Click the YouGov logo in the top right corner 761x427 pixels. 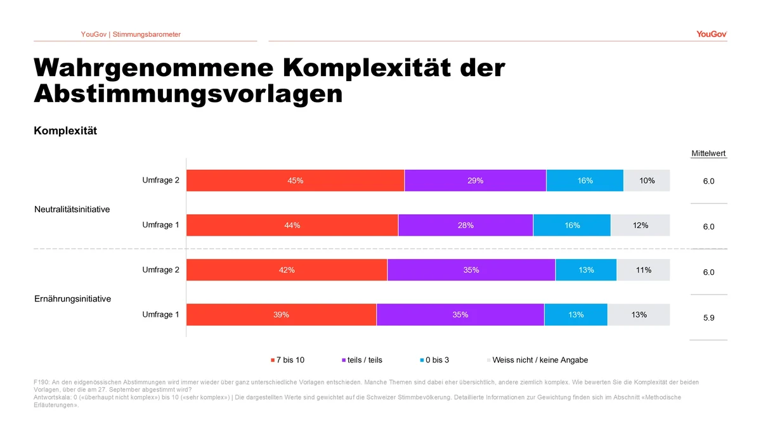pos(712,34)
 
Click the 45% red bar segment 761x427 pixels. pos(296,181)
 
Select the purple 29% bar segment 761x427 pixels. pos(475,181)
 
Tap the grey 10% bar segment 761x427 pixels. pos(647,181)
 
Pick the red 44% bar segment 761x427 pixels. pos(292,225)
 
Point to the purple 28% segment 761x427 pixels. pos(465,225)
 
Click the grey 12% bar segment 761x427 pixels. pos(641,225)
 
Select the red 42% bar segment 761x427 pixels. pos(287,270)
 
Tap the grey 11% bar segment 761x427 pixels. pos(644,270)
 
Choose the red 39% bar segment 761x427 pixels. pos(282,315)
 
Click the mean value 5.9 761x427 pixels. pos(709,317)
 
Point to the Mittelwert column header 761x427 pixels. pos(709,153)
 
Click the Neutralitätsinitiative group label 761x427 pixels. pos(72,210)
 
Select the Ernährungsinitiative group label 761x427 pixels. pos(73,299)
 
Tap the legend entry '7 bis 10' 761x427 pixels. pos(287,360)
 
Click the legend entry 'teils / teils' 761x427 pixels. pos(362,360)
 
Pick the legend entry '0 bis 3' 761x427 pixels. pos(434,360)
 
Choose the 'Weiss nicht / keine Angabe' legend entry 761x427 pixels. pos(538,360)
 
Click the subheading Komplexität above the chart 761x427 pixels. pos(65,131)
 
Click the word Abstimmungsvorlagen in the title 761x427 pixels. pos(188,94)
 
